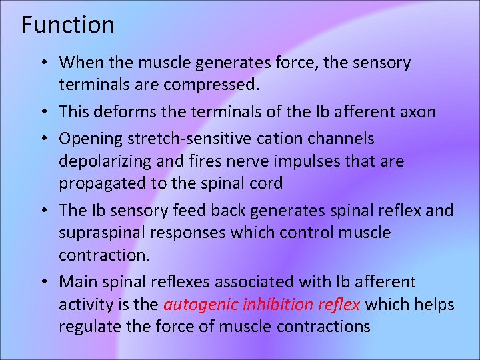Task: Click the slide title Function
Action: click(67, 25)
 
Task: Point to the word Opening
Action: click(90, 139)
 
